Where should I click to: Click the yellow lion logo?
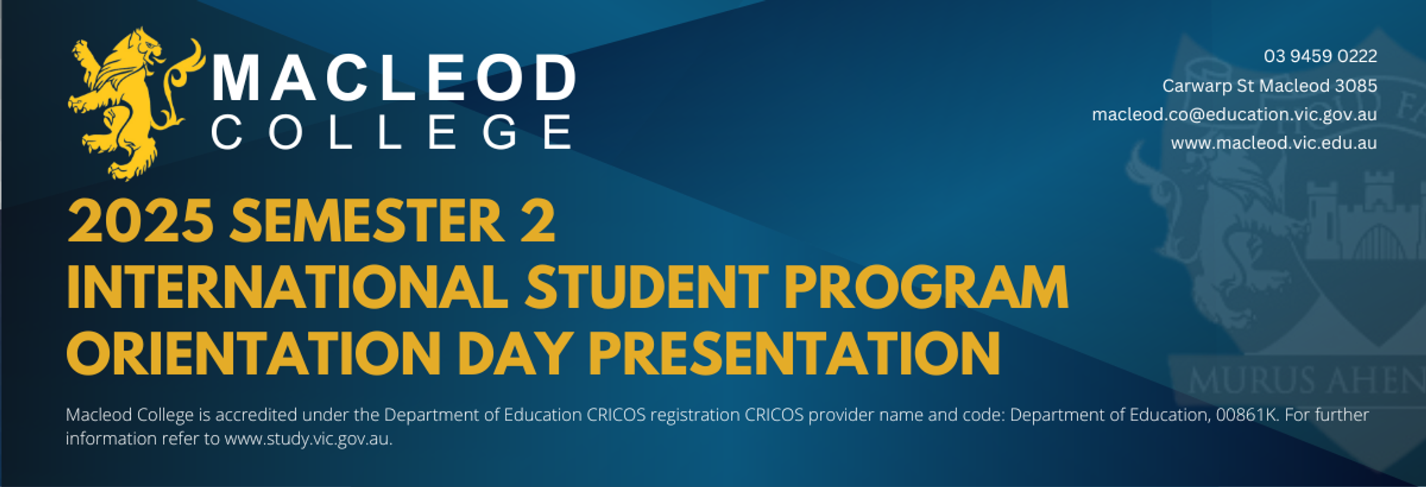[134, 104]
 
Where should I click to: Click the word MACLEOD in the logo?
[394, 77]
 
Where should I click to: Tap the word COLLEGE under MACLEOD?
[392, 132]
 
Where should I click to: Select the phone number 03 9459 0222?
[1320, 56]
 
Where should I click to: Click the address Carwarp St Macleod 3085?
[1270, 86]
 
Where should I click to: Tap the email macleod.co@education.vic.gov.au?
[1235, 114]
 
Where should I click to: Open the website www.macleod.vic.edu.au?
[1274, 143]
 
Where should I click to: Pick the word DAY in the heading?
[515, 353]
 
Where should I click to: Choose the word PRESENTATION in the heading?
[794, 353]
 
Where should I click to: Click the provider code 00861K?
[1247, 415]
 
